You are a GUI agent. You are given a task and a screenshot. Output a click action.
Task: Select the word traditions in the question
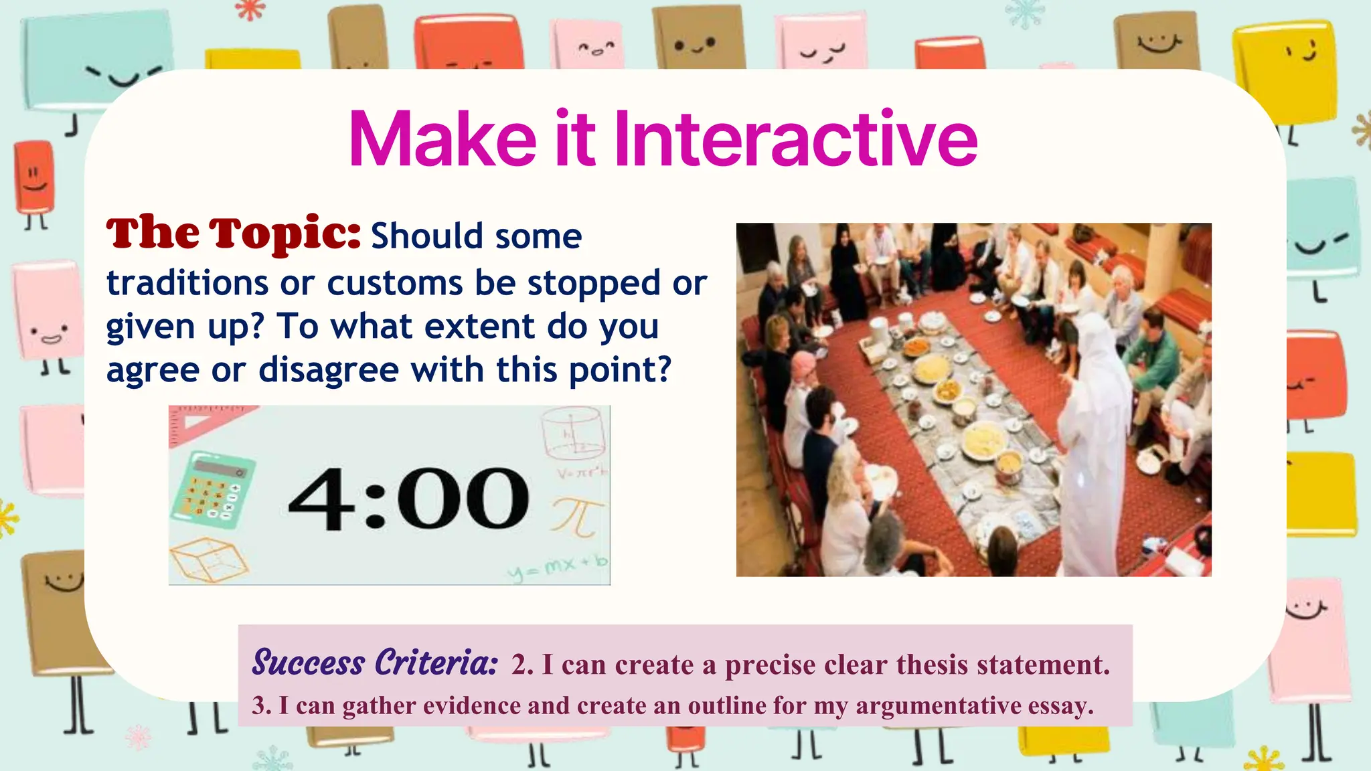187,282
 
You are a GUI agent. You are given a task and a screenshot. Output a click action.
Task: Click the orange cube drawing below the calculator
208,558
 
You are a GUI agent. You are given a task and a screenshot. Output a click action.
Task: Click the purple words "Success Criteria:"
375,663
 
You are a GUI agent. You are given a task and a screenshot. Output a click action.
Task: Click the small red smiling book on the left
33,174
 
